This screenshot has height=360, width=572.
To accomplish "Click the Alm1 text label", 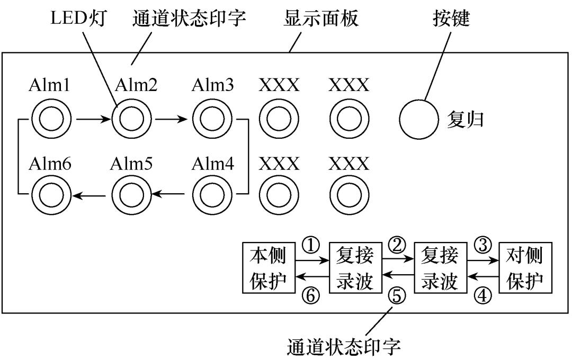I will [50, 85].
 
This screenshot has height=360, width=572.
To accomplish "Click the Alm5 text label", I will [131, 164].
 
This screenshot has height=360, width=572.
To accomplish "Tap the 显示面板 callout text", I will [321, 19].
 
